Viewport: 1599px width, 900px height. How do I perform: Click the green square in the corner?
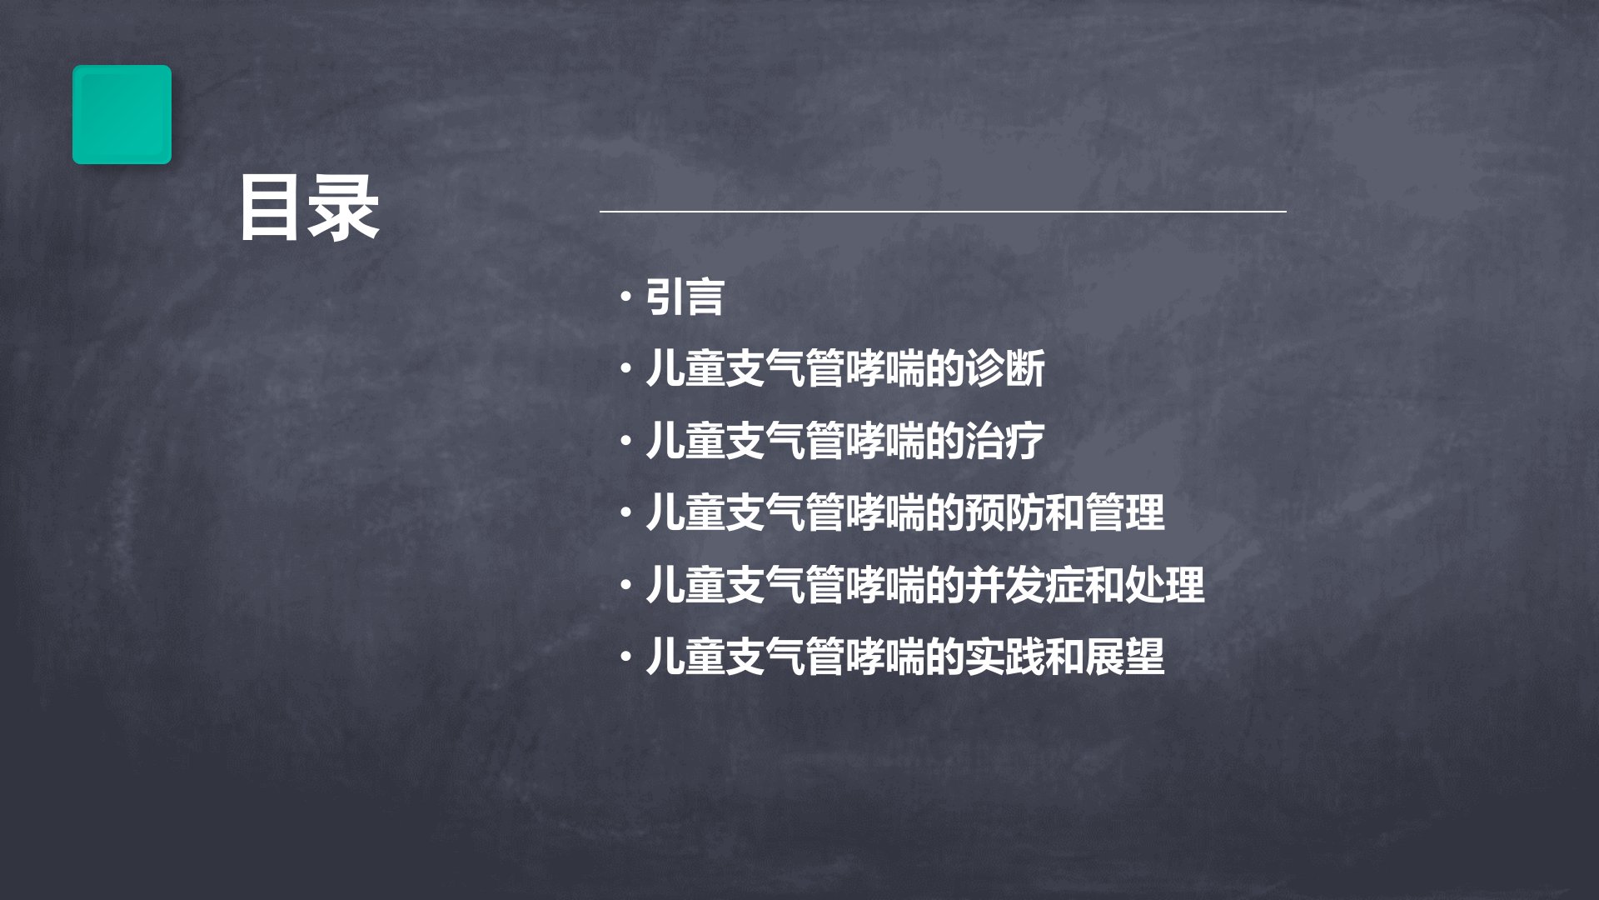pyautogui.click(x=122, y=114)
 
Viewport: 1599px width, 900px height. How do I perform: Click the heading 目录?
pyautogui.click(x=310, y=208)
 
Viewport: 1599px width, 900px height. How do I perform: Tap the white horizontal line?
pyautogui.click(x=943, y=212)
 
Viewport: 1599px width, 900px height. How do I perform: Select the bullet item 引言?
pyautogui.click(x=685, y=297)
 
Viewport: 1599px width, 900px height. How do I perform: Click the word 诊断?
pyautogui.click(x=1005, y=368)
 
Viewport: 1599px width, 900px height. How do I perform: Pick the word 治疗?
pyautogui.click(x=1005, y=441)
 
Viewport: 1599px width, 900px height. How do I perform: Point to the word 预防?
pyautogui.click(x=1005, y=512)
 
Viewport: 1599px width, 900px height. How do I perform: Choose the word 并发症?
pyautogui.click(x=1025, y=584)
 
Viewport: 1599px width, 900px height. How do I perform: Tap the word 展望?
pyautogui.click(x=1125, y=657)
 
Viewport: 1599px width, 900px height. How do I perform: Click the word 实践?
pyautogui.click(x=1005, y=657)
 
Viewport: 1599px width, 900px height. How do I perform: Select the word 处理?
pyautogui.click(x=1165, y=584)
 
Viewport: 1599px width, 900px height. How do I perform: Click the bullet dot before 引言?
pyautogui.click(x=625, y=297)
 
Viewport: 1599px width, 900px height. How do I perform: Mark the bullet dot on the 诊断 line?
pyautogui.click(x=625, y=368)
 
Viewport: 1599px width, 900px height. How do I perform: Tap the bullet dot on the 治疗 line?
pyautogui.click(x=625, y=441)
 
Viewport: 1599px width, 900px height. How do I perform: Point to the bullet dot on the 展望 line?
pyautogui.click(x=625, y=657)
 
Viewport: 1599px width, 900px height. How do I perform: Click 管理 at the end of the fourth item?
pyautogui.click(x=1125, y=512)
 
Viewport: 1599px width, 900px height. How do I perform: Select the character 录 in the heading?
pyautogui.click(x=345, y=208)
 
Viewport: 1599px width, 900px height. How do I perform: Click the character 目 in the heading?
pyautogui.click(x=272, y=208)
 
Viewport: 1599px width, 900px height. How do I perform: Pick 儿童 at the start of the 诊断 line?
pyautogui.click(x=685, y=368)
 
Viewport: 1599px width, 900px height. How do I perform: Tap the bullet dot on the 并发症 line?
pyautogui.click(x=625, y=584)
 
